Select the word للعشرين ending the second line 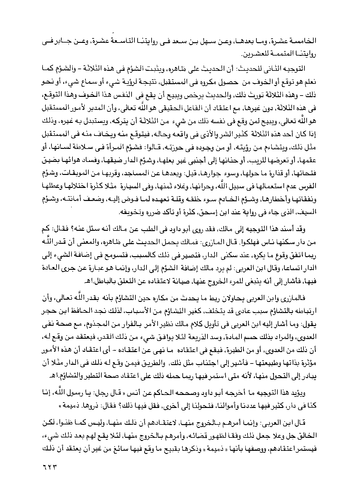(284, 54)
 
